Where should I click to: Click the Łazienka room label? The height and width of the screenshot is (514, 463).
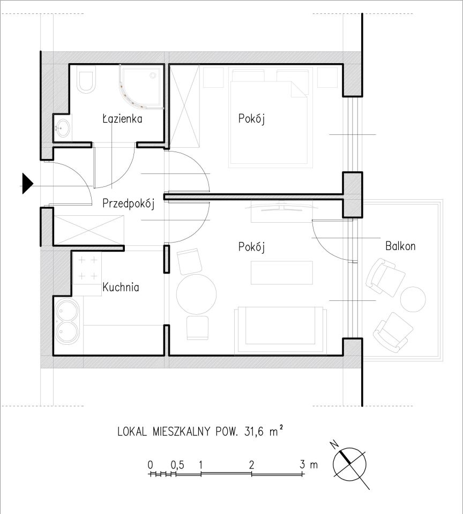click(x=122, y=118)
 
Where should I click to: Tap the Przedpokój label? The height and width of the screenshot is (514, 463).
click(x=128, y=203)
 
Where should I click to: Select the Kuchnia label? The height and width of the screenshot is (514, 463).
click(x=121, y=287)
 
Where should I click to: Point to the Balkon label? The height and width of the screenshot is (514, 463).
click(x=400, y=246)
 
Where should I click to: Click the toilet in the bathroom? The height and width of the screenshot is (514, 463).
click(x=86, y=79)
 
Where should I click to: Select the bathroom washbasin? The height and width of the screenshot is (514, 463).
click(x=62, y=128)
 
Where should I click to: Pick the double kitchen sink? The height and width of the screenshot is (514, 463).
click(x=66, y=322)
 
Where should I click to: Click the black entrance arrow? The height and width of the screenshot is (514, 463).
click(x=27, y=183)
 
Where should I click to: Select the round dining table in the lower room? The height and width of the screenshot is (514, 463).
click(x=196, y=294)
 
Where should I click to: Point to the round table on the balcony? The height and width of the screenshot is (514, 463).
click(x=413, y=299)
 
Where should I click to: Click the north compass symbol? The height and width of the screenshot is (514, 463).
click(x=350, y=464)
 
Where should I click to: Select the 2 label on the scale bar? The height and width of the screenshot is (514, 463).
click(x=251, y=465)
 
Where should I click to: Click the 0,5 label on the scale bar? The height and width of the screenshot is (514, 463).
click(x=177, y=465)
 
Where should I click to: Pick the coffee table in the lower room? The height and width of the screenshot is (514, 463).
click(x=282, y=273)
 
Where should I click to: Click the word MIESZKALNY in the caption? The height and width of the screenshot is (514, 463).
click(x=181, y=432)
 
